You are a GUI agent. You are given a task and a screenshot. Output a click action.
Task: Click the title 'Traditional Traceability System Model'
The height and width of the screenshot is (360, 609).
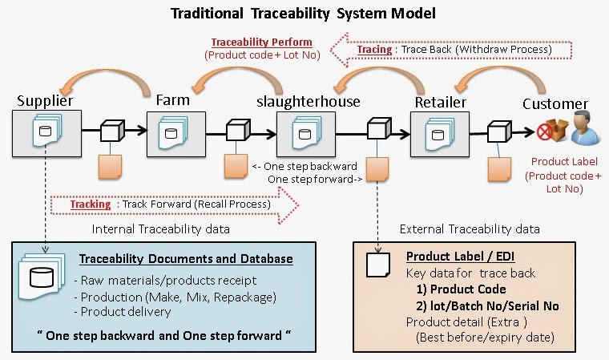pos(304,14)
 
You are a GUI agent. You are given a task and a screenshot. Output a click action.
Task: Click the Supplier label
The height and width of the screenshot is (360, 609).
pos(45,102)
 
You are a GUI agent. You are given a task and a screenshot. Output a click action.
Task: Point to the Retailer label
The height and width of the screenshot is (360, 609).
pos(441,102)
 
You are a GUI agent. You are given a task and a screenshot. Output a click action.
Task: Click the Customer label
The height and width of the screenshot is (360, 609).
pos(555,104)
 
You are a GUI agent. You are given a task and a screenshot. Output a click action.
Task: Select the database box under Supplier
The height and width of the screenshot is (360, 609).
pos(45,131)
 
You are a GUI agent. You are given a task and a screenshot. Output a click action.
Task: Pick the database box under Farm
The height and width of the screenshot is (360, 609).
pos(173,131)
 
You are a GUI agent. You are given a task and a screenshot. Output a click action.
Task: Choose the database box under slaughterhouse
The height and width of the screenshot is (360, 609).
pos(309,131)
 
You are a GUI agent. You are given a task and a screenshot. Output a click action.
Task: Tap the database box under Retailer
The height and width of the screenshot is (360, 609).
pos(440,131)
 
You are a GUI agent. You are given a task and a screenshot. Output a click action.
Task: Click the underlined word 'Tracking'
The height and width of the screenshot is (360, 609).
pos(90,204)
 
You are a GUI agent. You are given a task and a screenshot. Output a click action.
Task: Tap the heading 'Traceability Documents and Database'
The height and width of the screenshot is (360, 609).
pos(186,259)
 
